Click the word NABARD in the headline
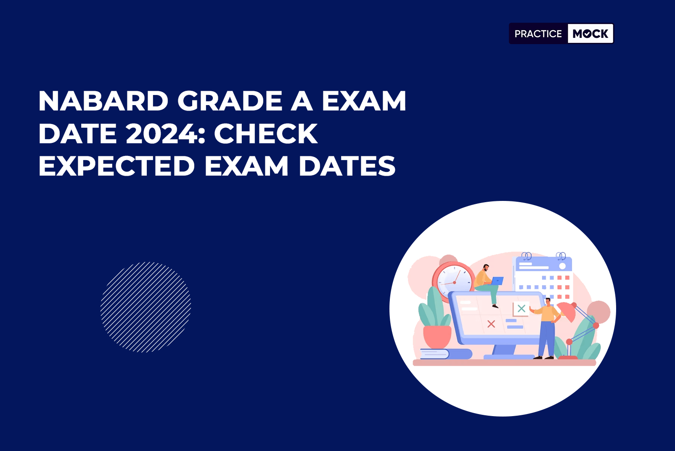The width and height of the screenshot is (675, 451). (103, 101)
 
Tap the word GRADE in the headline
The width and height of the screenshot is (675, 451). (230, 101)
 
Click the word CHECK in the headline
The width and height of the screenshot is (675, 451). (265, 134)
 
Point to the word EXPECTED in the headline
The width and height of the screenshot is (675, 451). (116, 166)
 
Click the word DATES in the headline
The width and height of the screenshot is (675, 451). (347, 166)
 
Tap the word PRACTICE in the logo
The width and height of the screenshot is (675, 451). (538, 34)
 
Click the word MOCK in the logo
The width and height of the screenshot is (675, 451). (590, 34)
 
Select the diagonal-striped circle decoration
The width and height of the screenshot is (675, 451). (146, 307)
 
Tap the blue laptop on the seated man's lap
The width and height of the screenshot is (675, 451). (497, 281)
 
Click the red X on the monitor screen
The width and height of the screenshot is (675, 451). (491, 324)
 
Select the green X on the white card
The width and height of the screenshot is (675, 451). (521, 308)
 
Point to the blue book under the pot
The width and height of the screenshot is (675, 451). (446, 354)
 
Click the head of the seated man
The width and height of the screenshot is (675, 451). (486, 268)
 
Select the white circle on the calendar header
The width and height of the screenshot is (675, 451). (562, 266)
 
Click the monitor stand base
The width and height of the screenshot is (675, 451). (509, 357)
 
